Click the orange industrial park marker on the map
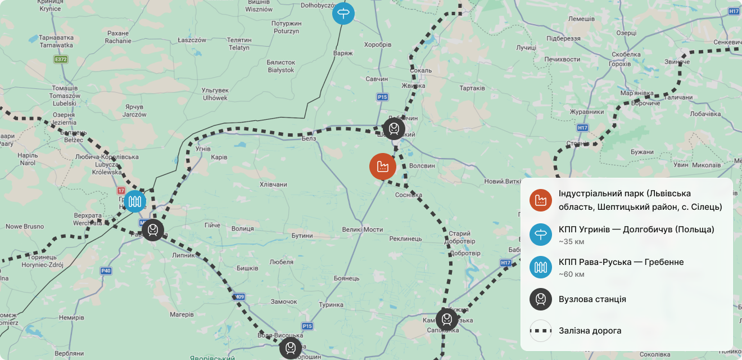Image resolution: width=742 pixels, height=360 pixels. [x=383, y=166]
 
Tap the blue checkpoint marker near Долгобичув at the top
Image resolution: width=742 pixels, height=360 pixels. [x=343, y=13]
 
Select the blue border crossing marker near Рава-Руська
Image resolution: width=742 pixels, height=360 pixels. [x=135, y=201]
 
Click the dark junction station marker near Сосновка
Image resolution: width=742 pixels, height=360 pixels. [x=393, y=129]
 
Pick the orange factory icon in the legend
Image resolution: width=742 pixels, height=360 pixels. [x=541, y=200]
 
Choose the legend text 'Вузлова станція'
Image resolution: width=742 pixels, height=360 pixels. [x=592, y=299]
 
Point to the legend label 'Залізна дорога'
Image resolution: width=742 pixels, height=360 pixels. [x=590, y=331]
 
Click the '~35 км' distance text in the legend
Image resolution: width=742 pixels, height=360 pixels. [x=571, y=242]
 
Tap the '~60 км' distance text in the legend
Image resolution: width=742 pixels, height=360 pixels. [x=571, y=274]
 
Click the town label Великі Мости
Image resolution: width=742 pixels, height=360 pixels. [x=362, y=229]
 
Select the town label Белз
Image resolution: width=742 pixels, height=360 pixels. [x=309, y=138]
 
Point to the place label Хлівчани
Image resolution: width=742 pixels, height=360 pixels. [x=273, y=184]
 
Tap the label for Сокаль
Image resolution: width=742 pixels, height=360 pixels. [x=421, y=70]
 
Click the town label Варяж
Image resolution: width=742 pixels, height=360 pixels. [x=342, y=53]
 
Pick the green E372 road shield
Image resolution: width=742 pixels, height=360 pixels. [x=61, y=59]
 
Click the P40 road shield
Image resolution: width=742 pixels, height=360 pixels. [x=106, y=271]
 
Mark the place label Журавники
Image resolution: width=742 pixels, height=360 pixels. [x=587, y=112]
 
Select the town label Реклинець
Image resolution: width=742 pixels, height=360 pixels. [x=405, y=238]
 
